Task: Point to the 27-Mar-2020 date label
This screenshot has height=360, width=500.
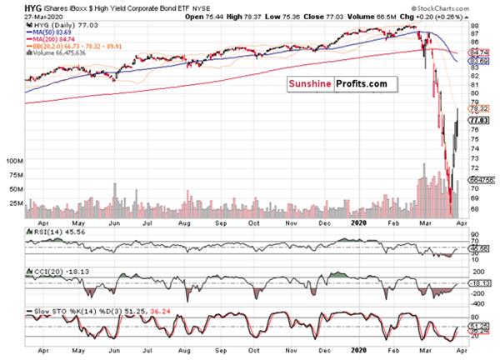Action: pos(22,16)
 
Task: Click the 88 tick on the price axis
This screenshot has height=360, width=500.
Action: pos(473,27)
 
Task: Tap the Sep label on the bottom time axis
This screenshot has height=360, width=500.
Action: pos(221,223)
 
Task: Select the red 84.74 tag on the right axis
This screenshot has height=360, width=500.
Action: pos(478,52)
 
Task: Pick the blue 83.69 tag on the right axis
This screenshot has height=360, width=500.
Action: pos(478,61)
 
